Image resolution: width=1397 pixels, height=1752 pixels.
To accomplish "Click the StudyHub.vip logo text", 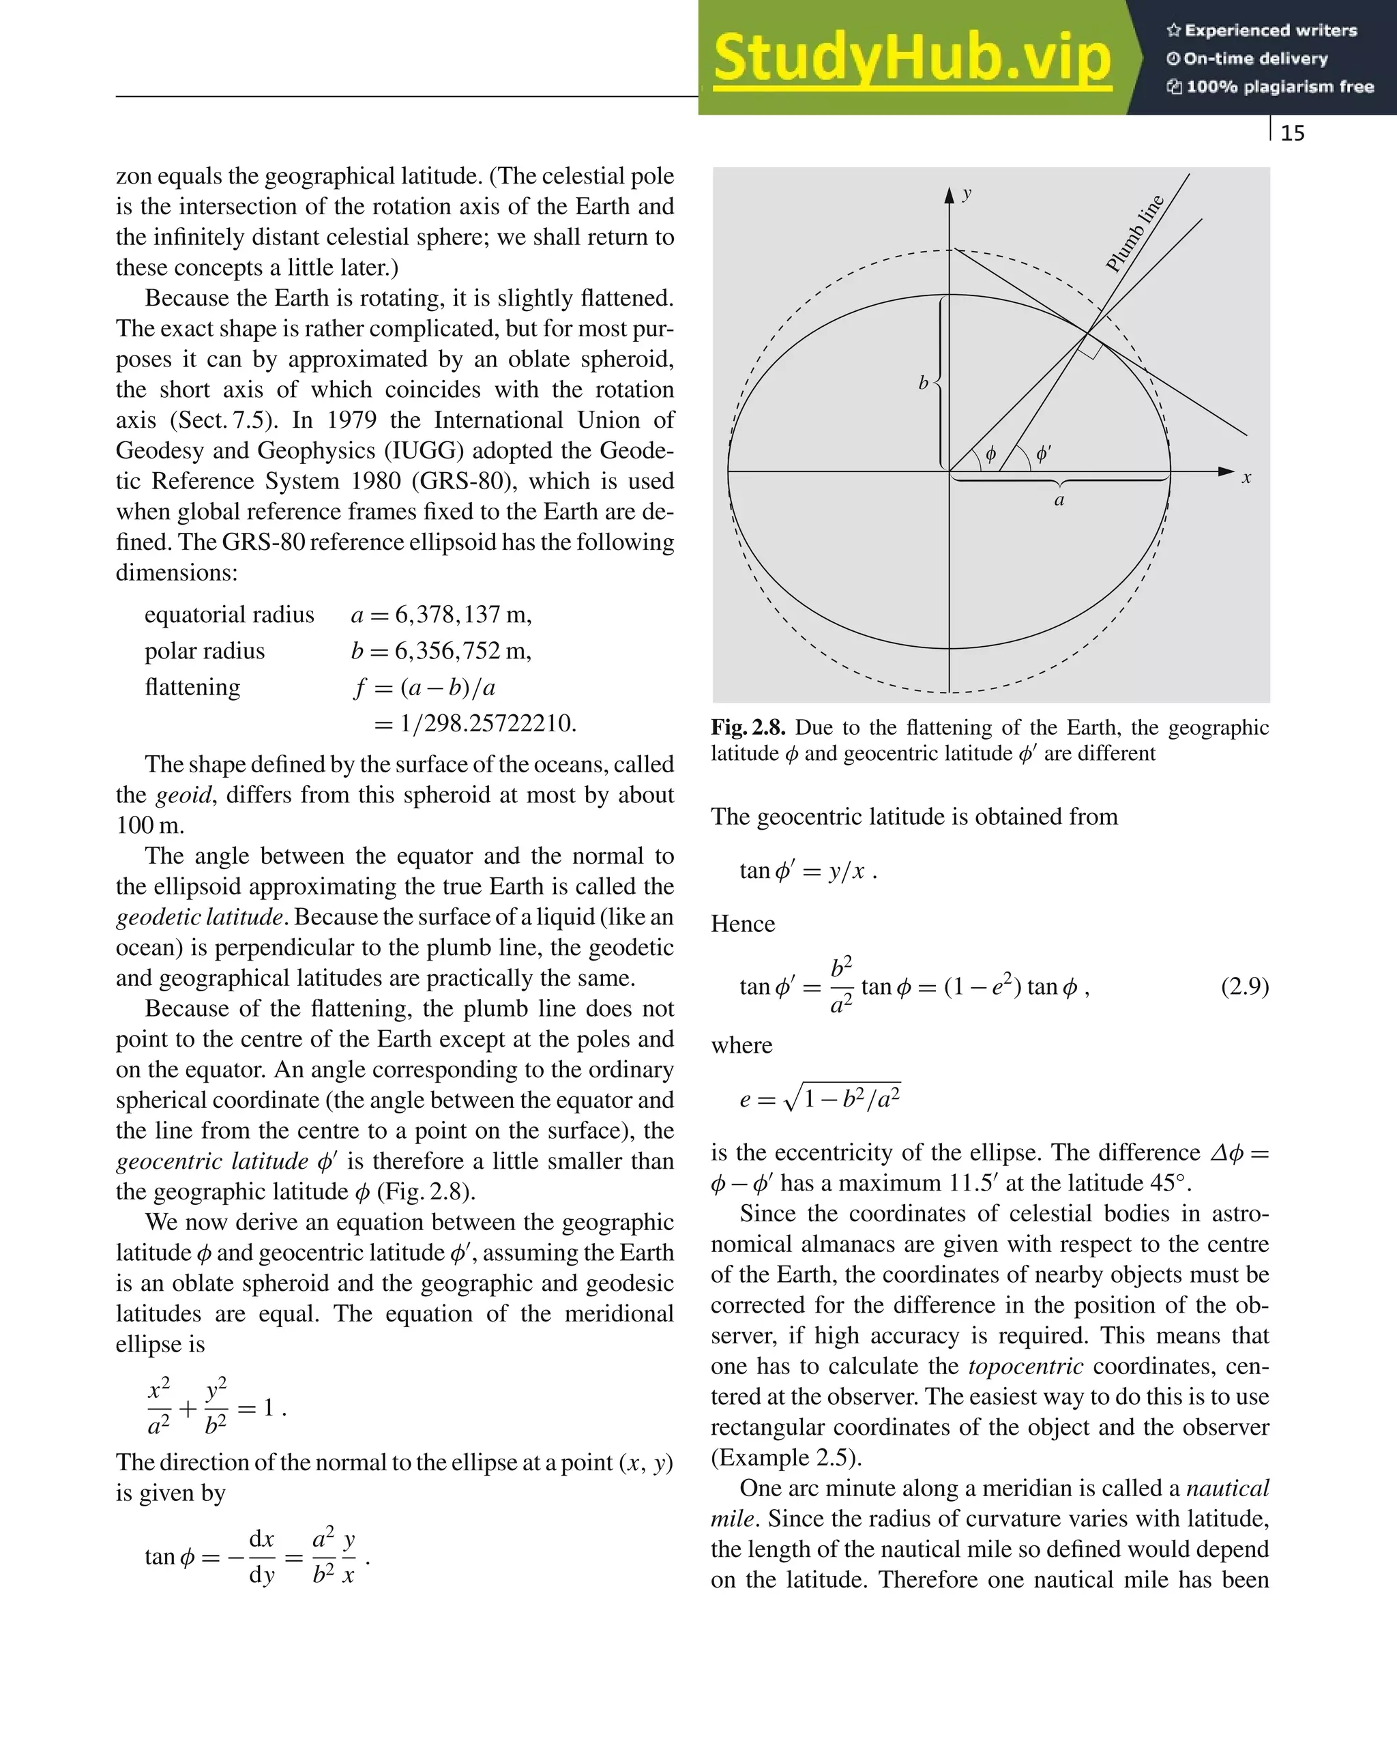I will [912, 59].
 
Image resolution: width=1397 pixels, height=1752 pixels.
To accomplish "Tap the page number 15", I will [1292, 133].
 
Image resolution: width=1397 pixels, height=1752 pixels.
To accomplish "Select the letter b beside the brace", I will [923, 383].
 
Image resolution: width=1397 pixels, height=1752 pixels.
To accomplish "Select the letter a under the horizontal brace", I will [1059, 501].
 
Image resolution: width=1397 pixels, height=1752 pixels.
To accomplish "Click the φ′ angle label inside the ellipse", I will [1044, 454].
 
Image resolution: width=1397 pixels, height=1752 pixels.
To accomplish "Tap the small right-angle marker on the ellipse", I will [1091, 348].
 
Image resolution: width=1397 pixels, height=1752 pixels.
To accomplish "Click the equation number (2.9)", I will [1244, 987].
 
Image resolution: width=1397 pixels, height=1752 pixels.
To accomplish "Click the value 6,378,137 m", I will [462, 614].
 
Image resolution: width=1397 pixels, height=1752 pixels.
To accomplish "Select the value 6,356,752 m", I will [462, 651].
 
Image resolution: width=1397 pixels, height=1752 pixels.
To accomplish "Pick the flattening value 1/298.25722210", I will [488, 723].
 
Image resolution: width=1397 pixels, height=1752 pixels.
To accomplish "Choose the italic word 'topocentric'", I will [1026, 1366].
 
